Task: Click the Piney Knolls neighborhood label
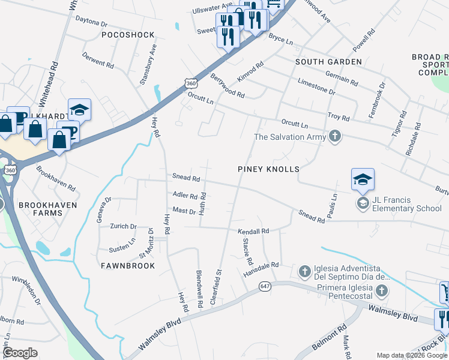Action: point(268,169)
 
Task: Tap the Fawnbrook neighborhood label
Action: point(128,265)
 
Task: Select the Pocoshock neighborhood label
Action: point(128,35)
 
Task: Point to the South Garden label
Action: point(328,62)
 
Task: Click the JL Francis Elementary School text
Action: point(406,205)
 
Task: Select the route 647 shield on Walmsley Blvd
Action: point(265,287)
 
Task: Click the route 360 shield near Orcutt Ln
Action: point(191,83)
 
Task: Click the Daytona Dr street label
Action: point(91,22)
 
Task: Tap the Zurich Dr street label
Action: point(124,226)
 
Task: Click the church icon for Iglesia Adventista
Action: point(304,271)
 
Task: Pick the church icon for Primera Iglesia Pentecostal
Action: point(381,292)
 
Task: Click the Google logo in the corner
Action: point(20,353)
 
